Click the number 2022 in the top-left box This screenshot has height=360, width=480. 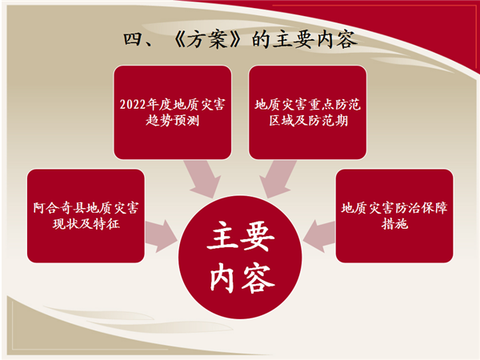(x=133, y=105)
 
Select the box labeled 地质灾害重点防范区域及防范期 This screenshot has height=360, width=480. (x=308, y=112)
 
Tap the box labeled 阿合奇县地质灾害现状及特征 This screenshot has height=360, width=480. (x=86, y=216)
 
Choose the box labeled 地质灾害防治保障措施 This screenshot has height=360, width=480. (x=394, y=216)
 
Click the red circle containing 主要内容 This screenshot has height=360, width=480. (x=240, y=257)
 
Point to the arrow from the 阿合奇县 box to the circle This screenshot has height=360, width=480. (x=162, y=236)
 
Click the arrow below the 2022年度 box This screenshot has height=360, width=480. (x=203, y=178)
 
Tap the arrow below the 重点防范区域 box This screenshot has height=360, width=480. (x=277, y=178)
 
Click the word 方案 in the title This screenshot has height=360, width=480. (x=207, y=40)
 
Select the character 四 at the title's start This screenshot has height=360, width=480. (x=132, y=39)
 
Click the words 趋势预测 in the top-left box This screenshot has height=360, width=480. (x=172, y=120)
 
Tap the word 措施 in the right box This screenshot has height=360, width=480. (x=394, y=224)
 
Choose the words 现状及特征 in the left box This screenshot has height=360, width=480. (x=86, y=224)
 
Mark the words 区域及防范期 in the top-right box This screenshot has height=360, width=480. (x=308, y=120)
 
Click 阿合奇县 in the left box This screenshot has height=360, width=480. (x=59, y=208)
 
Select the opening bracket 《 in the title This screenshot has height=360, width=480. (x=178, y=40)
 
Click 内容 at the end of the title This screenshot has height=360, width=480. (x=337, y=40)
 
